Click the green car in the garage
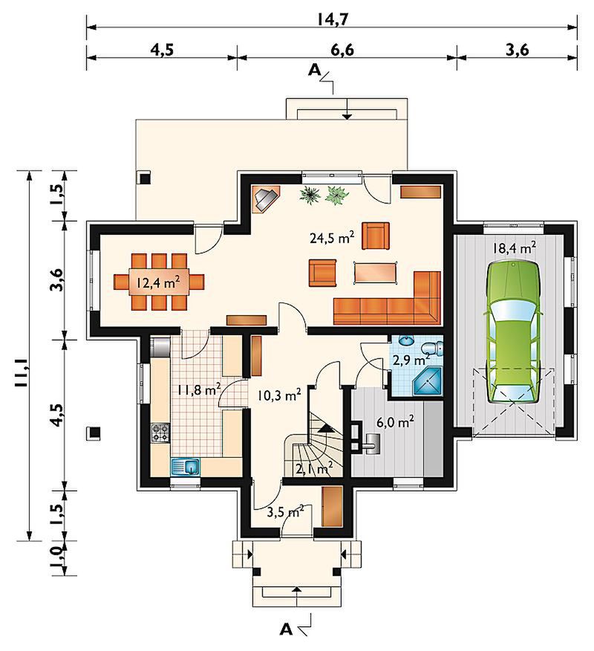[x=514, y=332]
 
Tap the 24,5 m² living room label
[x=332, y=238]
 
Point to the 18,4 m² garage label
[x=514, y=248]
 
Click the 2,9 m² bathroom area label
[x=411, y=360]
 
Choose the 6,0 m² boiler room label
[x=394, y=422]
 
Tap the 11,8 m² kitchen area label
[x=199, y=390]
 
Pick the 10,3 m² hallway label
[x=279, y=395]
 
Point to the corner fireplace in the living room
[x=267, y=199]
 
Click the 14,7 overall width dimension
[x=333, y=19]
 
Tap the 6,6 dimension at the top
[x=342, y=51]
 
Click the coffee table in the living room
[x=376, y=273]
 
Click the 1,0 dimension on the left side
[x=57, y=557]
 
